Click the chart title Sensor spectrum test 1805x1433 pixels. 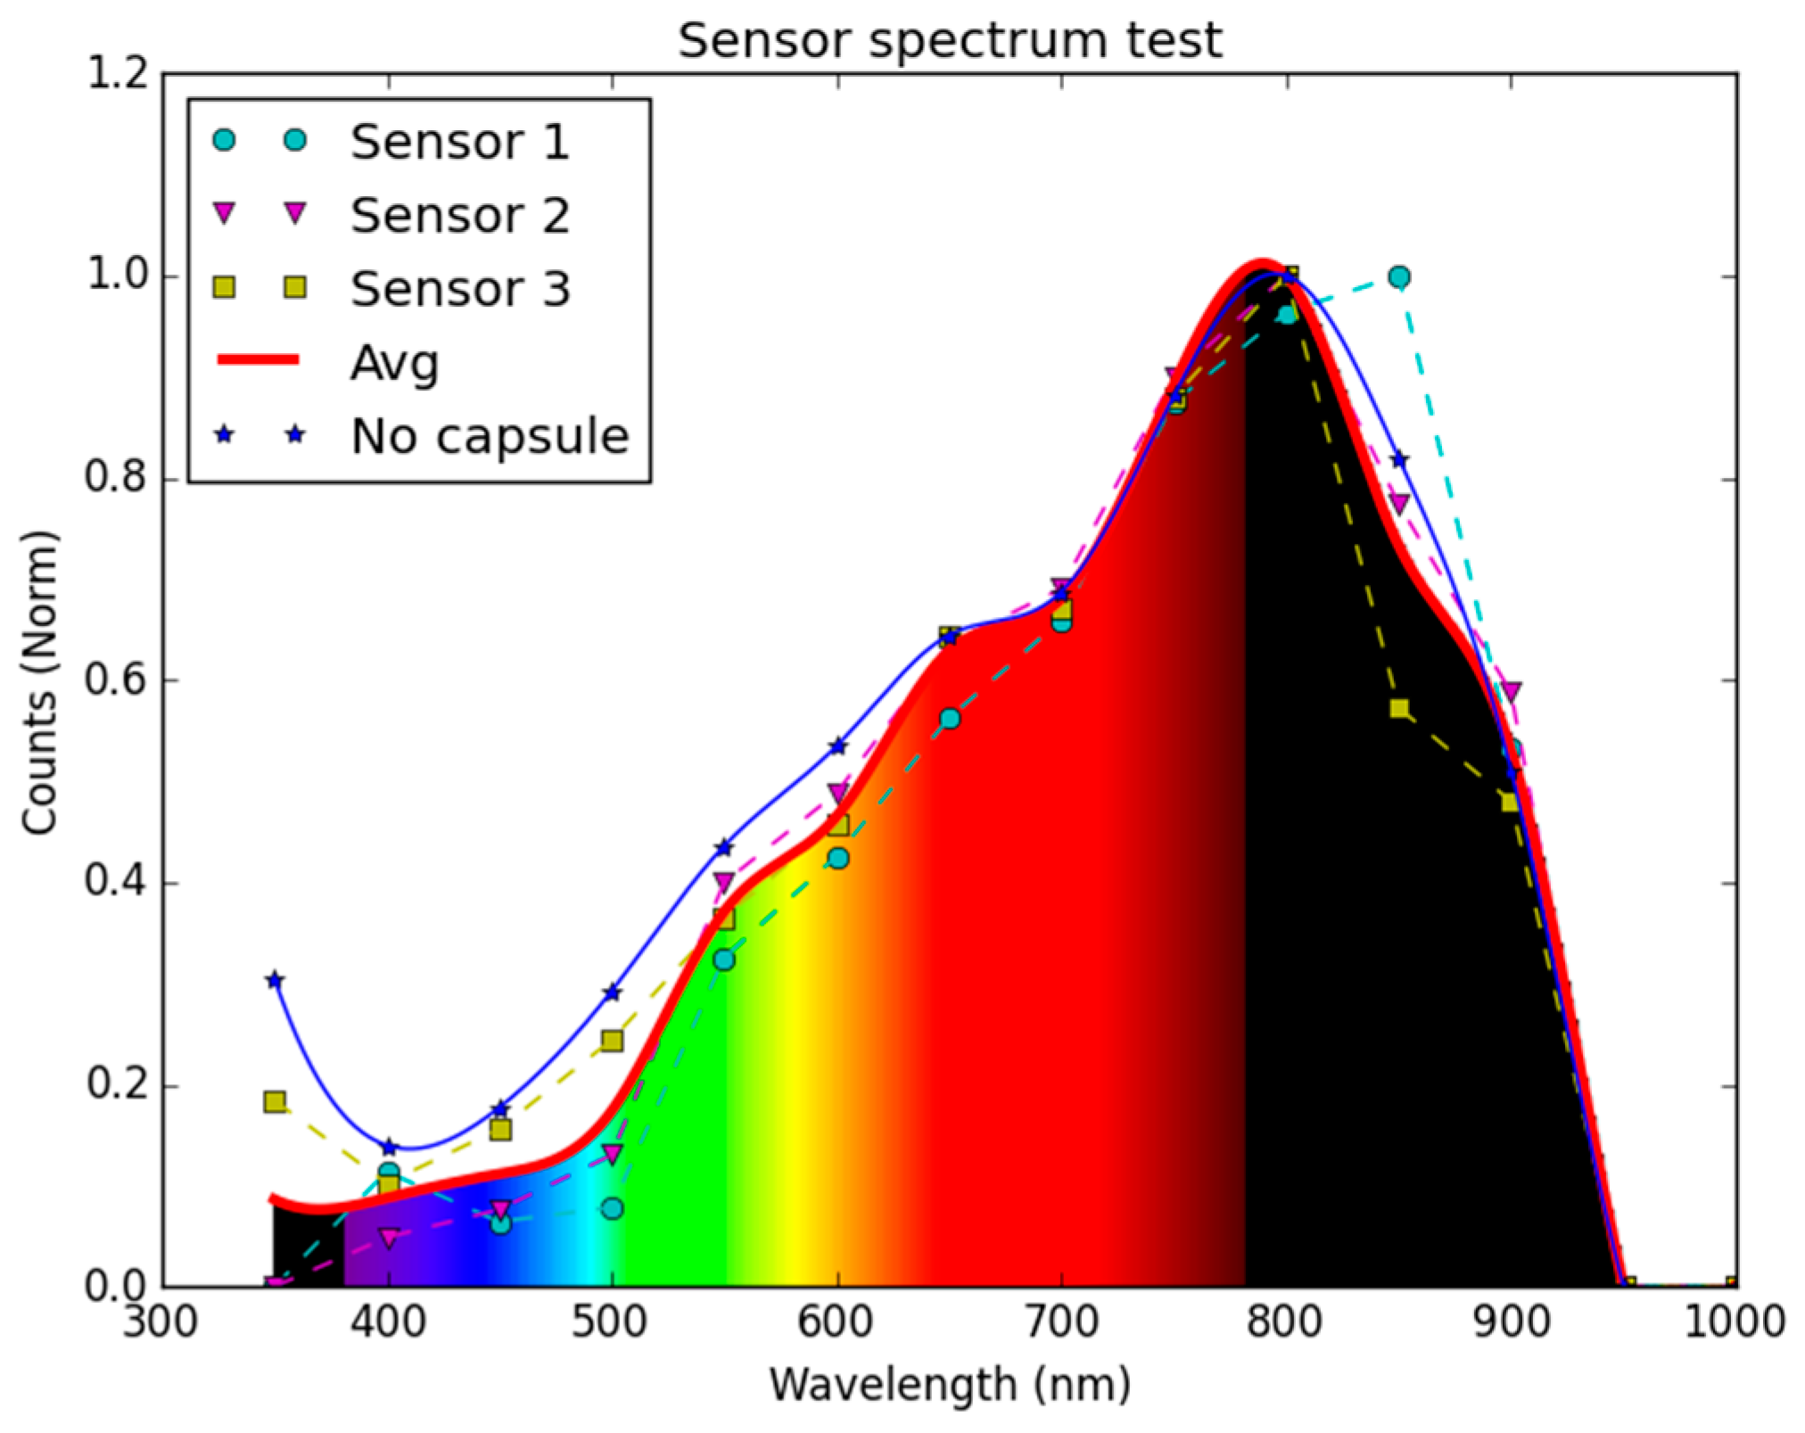949,41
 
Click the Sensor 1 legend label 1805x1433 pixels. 459,142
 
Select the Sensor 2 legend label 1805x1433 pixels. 459,216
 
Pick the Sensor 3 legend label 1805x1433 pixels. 459,289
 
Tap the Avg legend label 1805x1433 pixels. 394,363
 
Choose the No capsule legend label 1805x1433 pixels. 490,436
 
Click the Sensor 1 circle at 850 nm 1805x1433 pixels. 1399,277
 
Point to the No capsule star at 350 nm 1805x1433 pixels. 275,981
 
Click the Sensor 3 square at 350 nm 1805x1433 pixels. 275,1102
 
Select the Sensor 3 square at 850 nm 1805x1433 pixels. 1399,709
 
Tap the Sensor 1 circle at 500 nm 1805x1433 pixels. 612,1209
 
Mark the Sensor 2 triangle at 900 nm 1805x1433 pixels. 1511,691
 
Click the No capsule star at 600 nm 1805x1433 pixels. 837,745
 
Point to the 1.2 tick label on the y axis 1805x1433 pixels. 117,73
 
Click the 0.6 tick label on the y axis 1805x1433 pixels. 117,680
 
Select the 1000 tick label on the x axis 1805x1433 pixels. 1735,1322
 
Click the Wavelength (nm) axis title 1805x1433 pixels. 949,1385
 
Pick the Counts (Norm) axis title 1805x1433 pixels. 40,682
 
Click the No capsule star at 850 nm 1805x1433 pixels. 1399,460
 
